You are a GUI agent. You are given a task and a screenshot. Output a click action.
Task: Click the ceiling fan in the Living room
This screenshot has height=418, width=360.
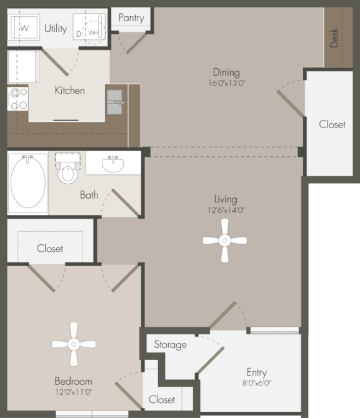tap(225, 240)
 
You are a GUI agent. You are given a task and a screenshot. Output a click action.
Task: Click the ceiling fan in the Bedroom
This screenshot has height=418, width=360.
tap(74, 344)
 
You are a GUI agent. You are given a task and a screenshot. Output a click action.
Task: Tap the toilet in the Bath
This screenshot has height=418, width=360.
tap(67, 171)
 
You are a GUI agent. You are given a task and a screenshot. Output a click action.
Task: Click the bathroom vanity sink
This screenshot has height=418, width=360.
tap(113, 164)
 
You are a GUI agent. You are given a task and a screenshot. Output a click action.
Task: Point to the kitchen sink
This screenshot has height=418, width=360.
tap(115, 102)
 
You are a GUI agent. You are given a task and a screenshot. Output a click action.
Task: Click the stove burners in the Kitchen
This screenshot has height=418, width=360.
tap(18, 99)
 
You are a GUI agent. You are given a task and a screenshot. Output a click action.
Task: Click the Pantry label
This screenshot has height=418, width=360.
tap(131, 17)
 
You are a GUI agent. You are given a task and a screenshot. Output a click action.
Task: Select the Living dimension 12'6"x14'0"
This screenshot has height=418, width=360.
tap(225, 210)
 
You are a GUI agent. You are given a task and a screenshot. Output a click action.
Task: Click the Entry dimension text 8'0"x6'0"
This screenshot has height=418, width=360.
tap(256, 383)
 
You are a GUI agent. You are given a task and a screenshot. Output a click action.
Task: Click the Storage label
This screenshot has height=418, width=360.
tap(170, 344)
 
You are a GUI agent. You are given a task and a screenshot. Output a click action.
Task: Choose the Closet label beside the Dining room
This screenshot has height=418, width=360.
tap(332, 124)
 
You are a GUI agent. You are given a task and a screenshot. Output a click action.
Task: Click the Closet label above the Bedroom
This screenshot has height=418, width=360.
tap(50, 248)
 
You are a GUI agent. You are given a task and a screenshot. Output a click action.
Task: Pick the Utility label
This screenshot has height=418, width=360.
tap(56, 28)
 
